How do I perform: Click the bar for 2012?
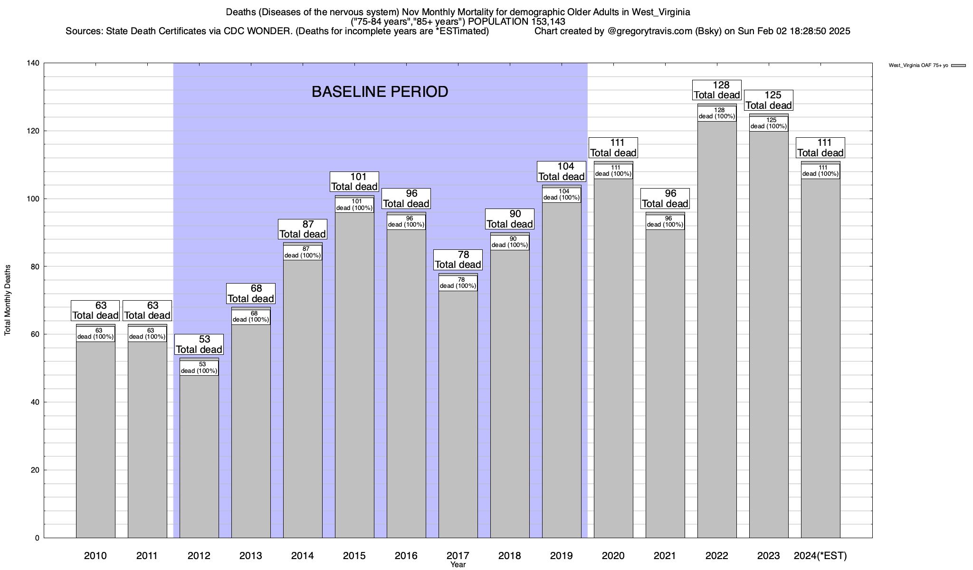coord(199,456)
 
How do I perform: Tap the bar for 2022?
coord(717,332)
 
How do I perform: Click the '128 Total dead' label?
coord(717,90)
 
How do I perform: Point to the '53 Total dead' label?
coord(199,344)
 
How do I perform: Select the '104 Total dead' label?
coord(561,171)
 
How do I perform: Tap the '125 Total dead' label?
coord(769,100)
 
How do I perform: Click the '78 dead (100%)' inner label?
coord(458,283)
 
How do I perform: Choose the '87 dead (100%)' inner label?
coord(303,252)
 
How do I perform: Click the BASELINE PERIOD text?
coord(380,92)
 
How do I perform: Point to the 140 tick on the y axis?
coord(35,63)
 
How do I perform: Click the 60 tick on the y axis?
coord(35,334)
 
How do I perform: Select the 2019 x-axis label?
coord(561,555)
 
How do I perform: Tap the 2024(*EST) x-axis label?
coord(820,555)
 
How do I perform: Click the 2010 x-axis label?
coord(95,555)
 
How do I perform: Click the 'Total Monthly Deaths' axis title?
coord(8,300)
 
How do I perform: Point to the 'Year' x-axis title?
coord(458,565)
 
